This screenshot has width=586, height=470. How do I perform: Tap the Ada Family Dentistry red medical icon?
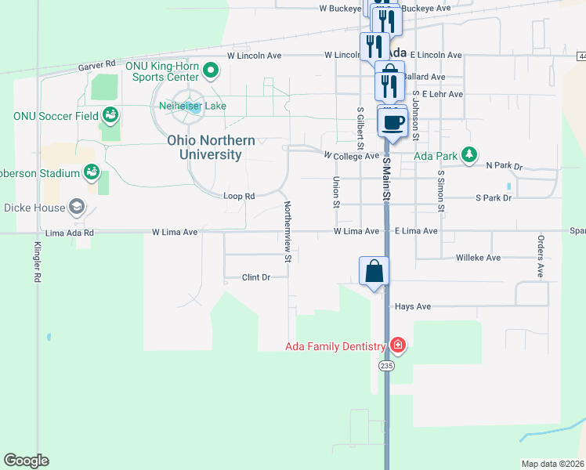[x=398, y=345]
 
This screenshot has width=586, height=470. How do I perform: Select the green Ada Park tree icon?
[x=469, y=154]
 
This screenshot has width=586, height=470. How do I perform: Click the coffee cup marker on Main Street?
[x=392, y=123]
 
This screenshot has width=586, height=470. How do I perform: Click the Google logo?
[x=26, y=461]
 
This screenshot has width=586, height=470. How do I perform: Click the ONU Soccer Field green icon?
[x=110, y=116]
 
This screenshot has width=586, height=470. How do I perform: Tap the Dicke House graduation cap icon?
[x=77, y=207]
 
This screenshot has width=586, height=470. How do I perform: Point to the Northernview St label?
[x=288, y=230]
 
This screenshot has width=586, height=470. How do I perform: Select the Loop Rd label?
[x=240, y=196]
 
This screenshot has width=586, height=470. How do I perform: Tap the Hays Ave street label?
[x=413, y=307]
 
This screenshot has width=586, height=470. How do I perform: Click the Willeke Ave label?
[x=478, y=257]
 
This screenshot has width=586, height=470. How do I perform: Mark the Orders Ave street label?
[x=540, y=255]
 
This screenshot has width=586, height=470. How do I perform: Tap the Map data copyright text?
[x=553, y=463]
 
